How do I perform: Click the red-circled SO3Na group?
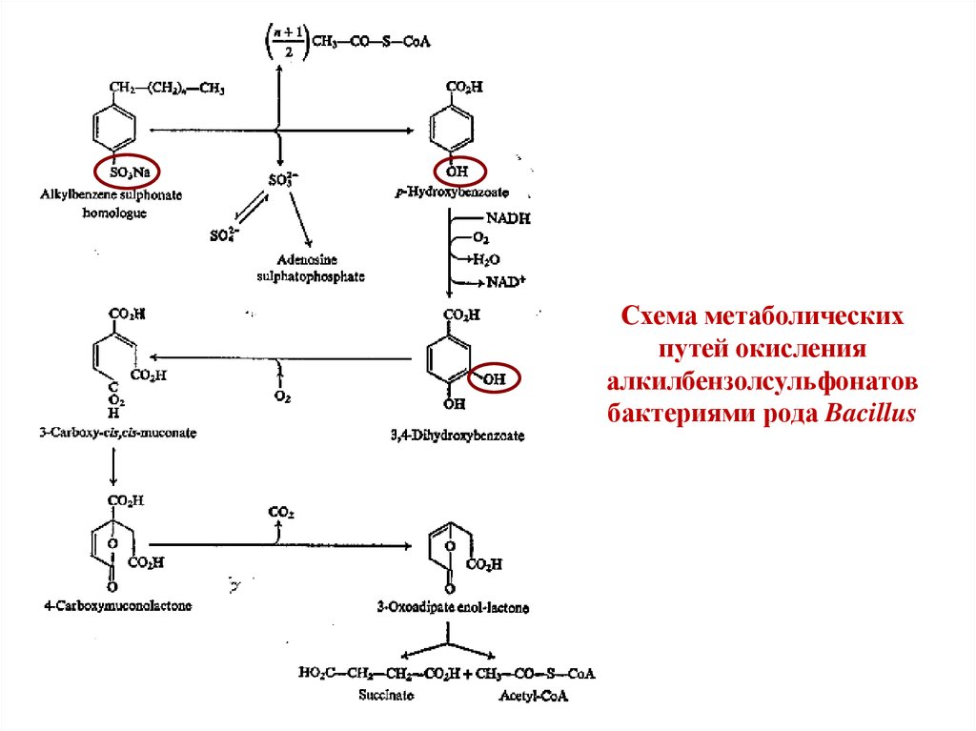(x=128, y=172)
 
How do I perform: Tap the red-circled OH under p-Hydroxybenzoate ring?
(x=460, y=173)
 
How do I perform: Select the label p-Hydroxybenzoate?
(x=439, y=193)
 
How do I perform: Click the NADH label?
(x=507, y=219)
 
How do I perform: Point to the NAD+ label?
(x=506, y=282)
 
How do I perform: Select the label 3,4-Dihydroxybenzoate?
(x=457, y=436)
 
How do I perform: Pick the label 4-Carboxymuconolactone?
(x=117, y=605)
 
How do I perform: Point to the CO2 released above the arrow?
(x=280, y=513)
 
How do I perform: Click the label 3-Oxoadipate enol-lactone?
(x=452, y=607)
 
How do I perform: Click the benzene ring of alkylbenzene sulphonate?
(x=116, y=127)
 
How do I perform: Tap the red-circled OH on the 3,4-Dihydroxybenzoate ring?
(x=496, y=378)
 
